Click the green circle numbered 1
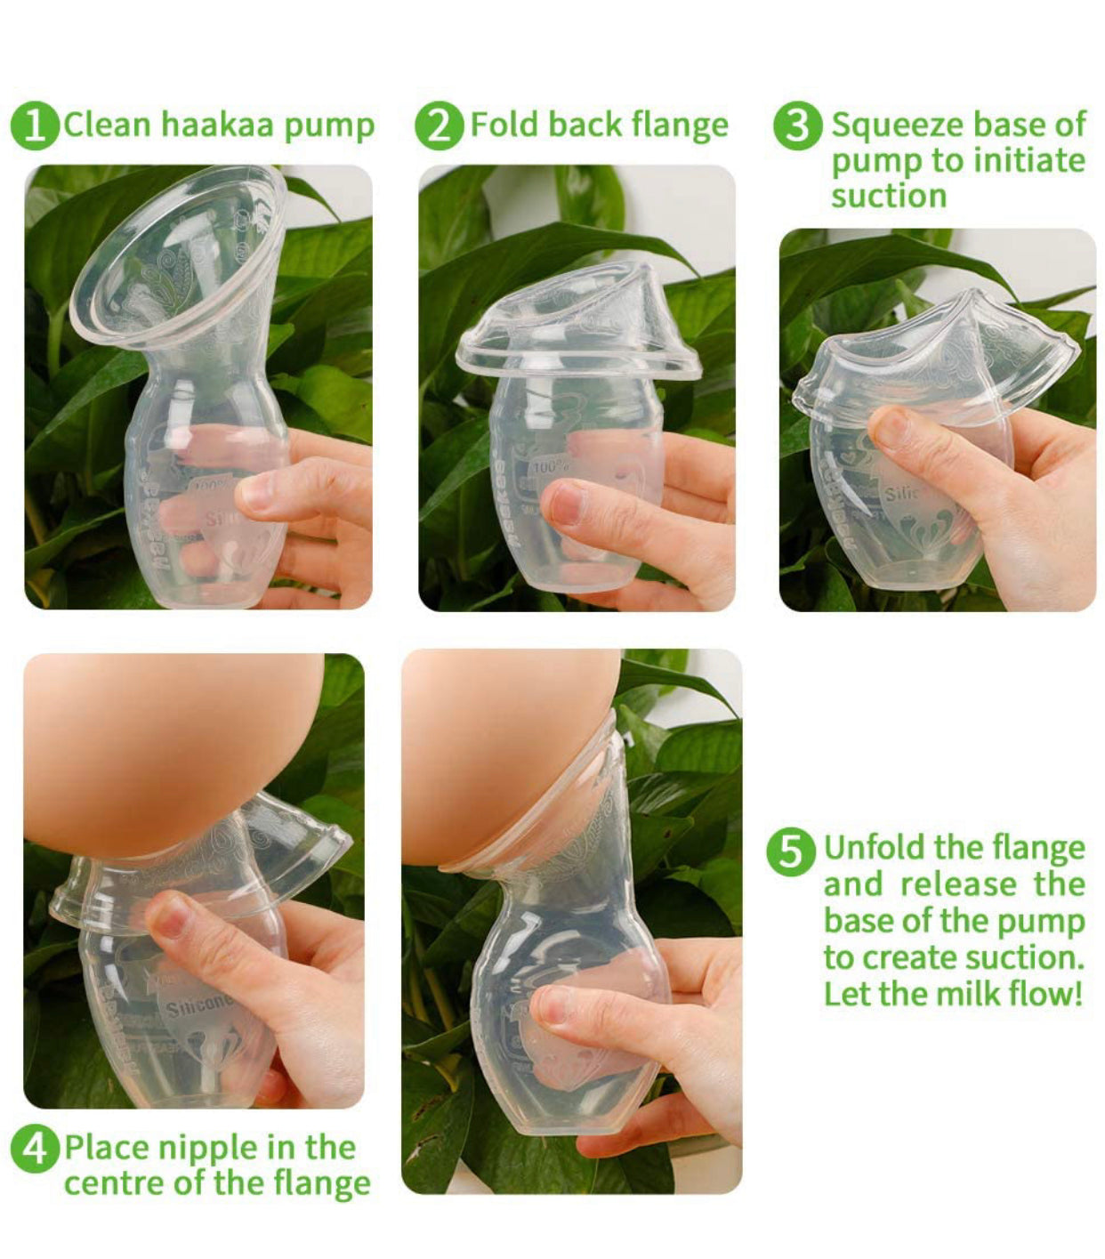pos(34,126)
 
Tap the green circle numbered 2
pos(440,126)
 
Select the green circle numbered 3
pos(797,126)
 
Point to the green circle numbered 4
pos(35,1148)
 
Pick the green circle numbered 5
pos(790,851)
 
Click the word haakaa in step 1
pos(217,125)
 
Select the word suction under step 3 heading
pos(889,196)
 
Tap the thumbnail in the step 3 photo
pos(892,429)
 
